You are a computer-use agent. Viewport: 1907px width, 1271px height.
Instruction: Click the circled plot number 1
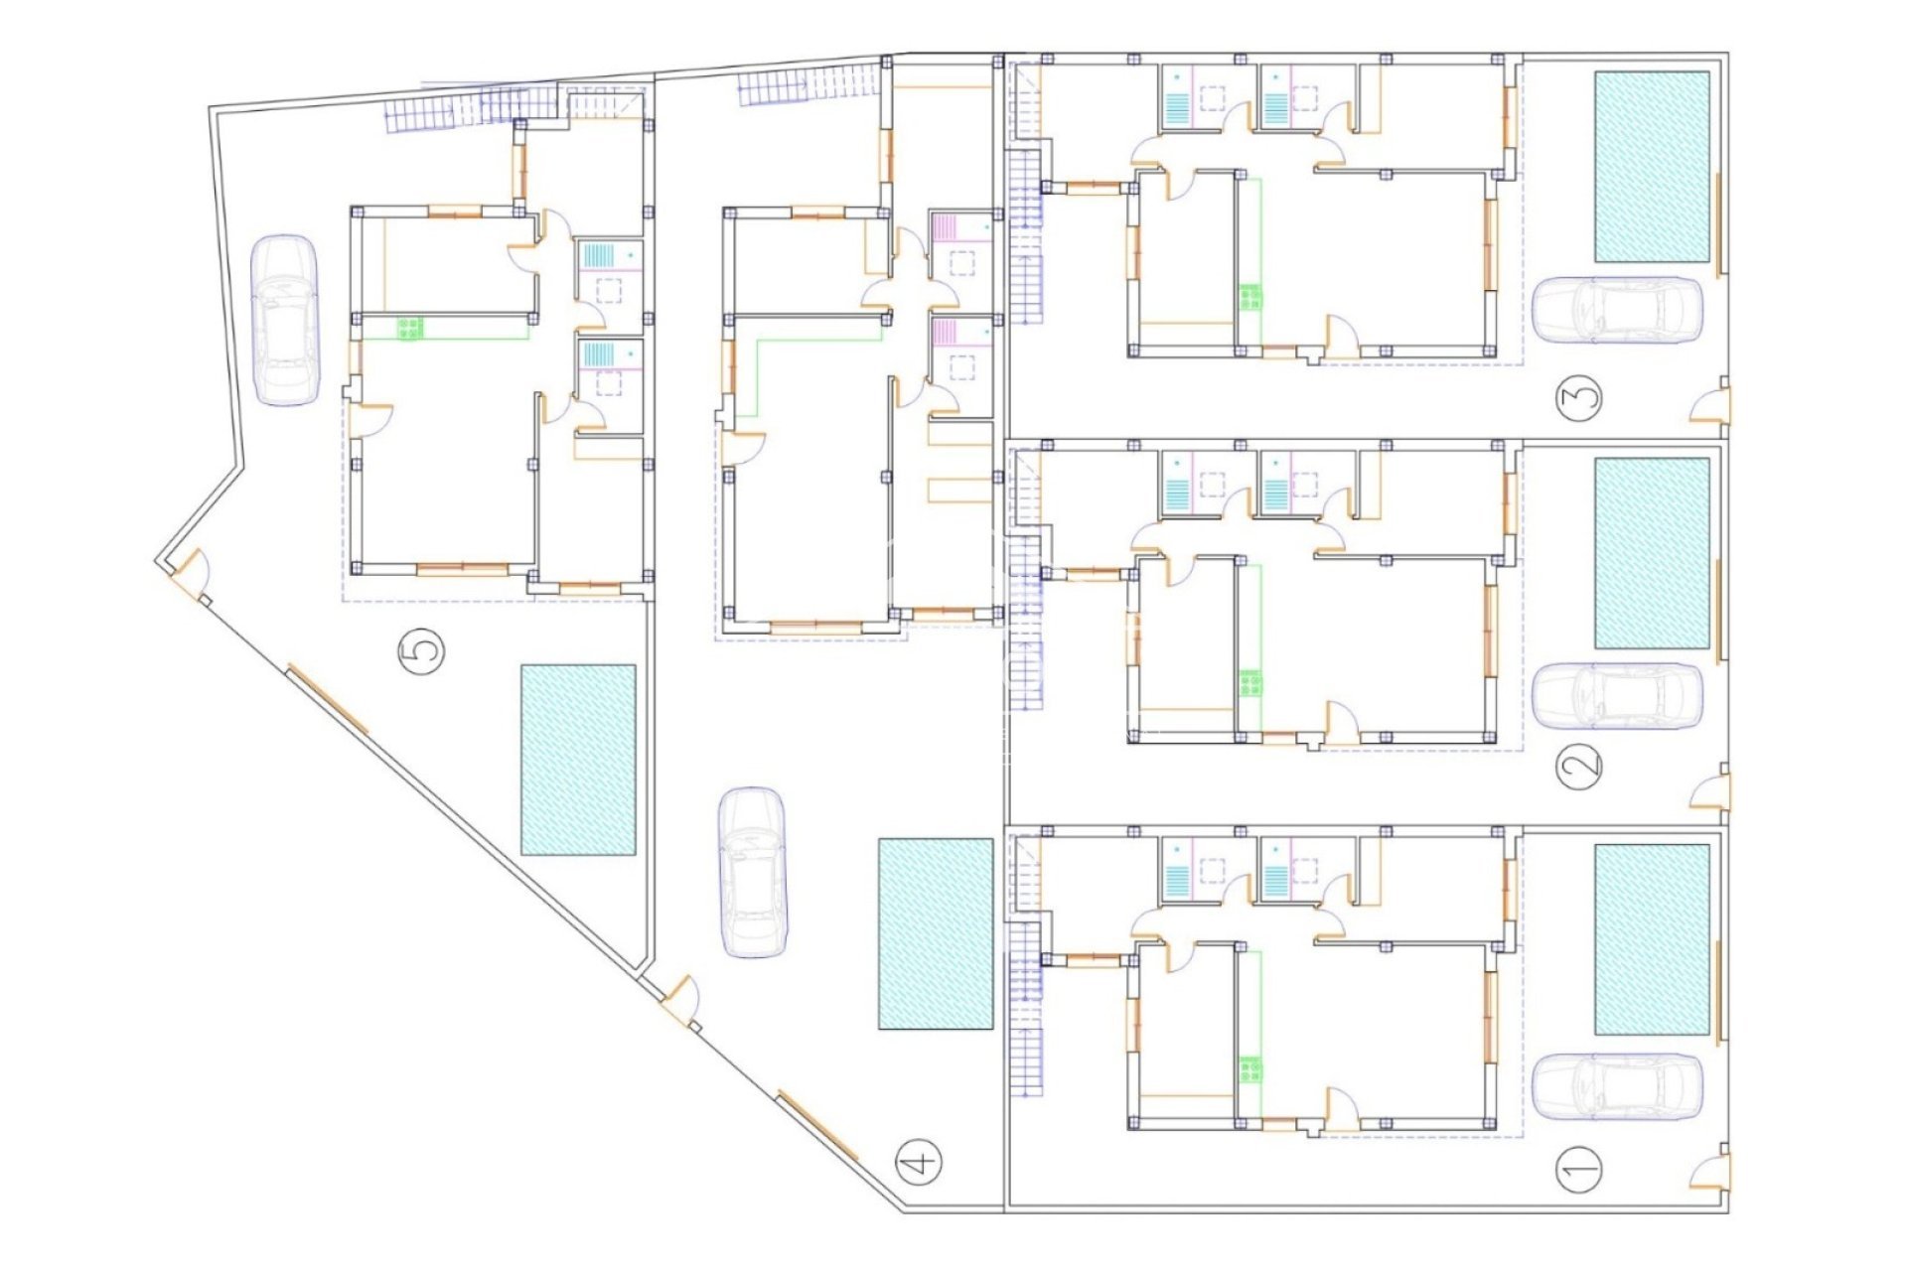pos(1581,1169)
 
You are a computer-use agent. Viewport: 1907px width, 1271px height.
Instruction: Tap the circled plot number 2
pos(1581,765)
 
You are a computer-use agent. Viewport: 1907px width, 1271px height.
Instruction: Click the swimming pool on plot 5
pos(578,760)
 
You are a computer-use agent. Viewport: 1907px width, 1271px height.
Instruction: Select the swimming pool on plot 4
pos(936,933)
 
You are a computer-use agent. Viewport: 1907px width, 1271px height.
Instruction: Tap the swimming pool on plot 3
pos(1653,167)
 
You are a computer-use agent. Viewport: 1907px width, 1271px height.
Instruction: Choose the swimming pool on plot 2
pos(1653,553)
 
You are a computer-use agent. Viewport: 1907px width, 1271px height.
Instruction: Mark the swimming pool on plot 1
pos(1653,939)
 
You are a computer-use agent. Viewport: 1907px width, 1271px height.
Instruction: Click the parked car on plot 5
pos(285,320)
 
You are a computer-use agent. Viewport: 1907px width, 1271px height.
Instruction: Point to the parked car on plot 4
pos(753,873)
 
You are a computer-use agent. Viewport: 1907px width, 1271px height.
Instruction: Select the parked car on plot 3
pos(1618,311)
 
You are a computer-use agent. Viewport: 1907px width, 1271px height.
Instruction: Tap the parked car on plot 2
pos(1618,695)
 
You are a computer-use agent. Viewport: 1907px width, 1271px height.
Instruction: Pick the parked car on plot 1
pos(1618,1086)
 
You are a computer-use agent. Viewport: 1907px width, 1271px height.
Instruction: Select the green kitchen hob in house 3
pos(1249,297)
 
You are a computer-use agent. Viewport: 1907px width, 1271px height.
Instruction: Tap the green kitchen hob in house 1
pos(1249,1070)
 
